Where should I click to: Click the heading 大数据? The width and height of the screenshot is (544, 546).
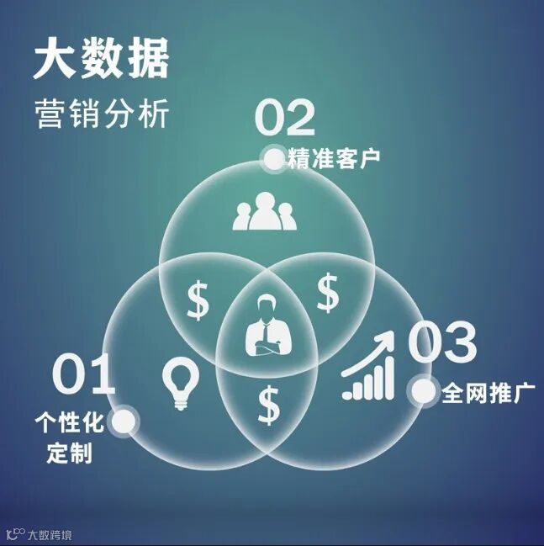tap(101, 60)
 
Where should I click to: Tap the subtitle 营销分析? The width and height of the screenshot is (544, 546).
tap(101, 114)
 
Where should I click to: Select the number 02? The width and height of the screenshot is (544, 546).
tap(284, 119)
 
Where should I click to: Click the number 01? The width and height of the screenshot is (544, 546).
tap(83, 376)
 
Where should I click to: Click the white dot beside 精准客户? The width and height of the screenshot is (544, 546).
tap(273, 158)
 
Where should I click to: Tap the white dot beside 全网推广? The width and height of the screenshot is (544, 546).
tap(423, 391)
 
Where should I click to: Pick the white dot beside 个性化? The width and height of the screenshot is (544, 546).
tap(124, 421)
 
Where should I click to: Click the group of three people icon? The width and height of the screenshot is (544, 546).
tap(266, 212)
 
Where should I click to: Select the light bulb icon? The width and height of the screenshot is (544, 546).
tap(179, 384)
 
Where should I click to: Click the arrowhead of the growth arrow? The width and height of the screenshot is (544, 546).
tap(387, 336)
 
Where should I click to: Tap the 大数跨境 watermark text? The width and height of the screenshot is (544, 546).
tap(50, 534)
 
